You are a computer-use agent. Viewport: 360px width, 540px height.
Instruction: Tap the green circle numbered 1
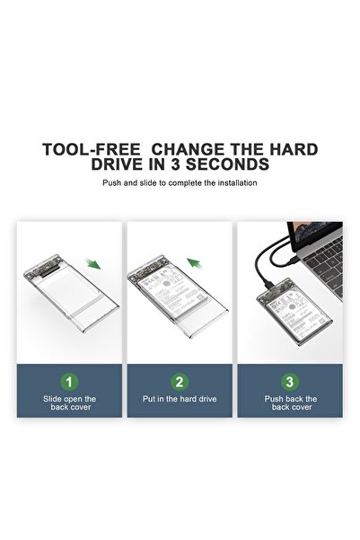(x=69, y=381)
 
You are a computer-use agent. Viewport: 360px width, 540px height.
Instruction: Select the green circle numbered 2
(x=180, y=381)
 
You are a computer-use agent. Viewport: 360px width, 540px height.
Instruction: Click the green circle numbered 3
(x=290, y=381)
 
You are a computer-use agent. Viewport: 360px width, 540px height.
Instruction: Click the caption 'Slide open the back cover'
(x=69, y=403)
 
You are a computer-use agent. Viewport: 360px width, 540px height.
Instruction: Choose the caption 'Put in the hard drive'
(x=180, y=399)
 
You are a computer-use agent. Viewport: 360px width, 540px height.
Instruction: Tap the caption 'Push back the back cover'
(x=290, y=403)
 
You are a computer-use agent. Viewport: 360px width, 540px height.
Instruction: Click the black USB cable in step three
(x=269, y=261)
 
